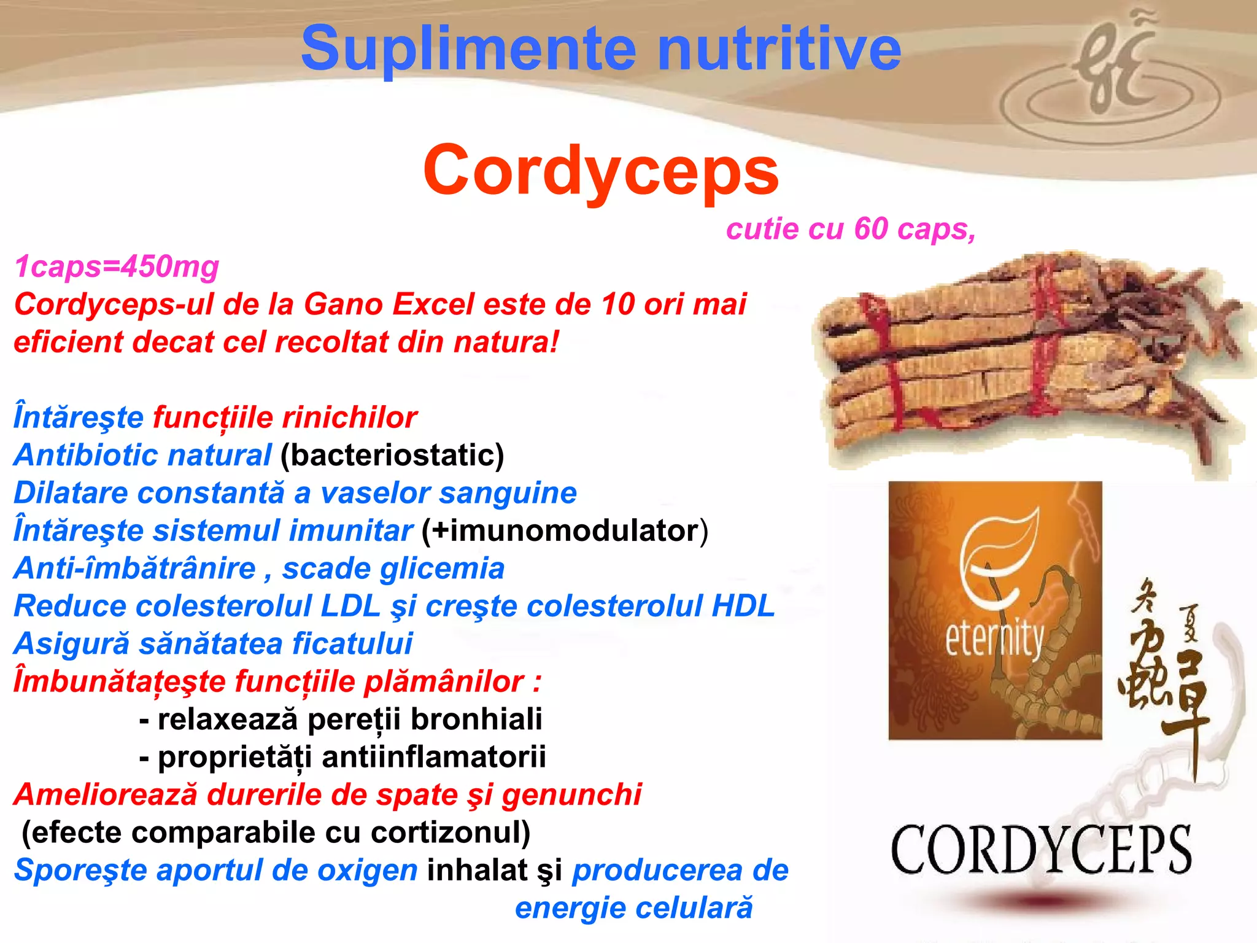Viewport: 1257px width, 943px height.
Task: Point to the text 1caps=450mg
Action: click(x=117, y=267)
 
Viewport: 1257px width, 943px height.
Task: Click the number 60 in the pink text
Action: click(x=872, y=229)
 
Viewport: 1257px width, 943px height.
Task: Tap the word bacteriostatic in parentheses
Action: click(x=392, y=456)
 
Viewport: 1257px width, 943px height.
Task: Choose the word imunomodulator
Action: click(x=565, y=531)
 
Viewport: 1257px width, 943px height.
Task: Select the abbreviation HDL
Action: click(x=743, y=607)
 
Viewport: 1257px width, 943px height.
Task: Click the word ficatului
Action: click(x=352, y=644)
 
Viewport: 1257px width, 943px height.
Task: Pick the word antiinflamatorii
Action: click(x=433, y=758)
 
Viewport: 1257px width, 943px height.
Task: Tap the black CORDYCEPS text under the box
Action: click(x=1040, y=850)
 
